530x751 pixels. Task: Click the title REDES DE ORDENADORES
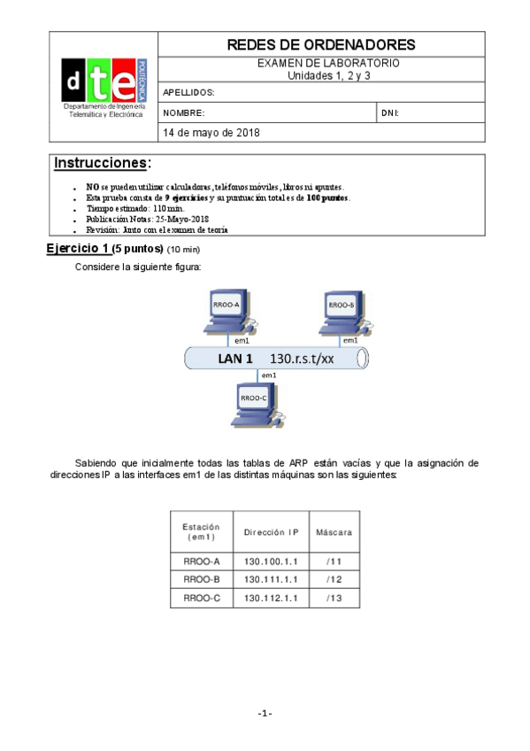tap(321, 45)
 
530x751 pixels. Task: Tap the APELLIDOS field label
tap(189, 92)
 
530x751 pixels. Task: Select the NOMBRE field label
tap(184, 113)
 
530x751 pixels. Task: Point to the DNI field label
tap(390, 113)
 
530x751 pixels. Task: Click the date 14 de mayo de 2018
tap(211, 133)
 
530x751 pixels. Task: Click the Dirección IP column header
tap(271, 532)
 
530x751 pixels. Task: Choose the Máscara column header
tap(334, 532)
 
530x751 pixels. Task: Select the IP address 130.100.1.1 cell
tap(271, 561)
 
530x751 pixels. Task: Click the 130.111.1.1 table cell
tap(271, 579)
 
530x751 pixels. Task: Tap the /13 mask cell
tap(334, 598)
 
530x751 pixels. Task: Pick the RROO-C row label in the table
tap(202, 598)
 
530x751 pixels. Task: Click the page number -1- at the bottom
tap(265, 714)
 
